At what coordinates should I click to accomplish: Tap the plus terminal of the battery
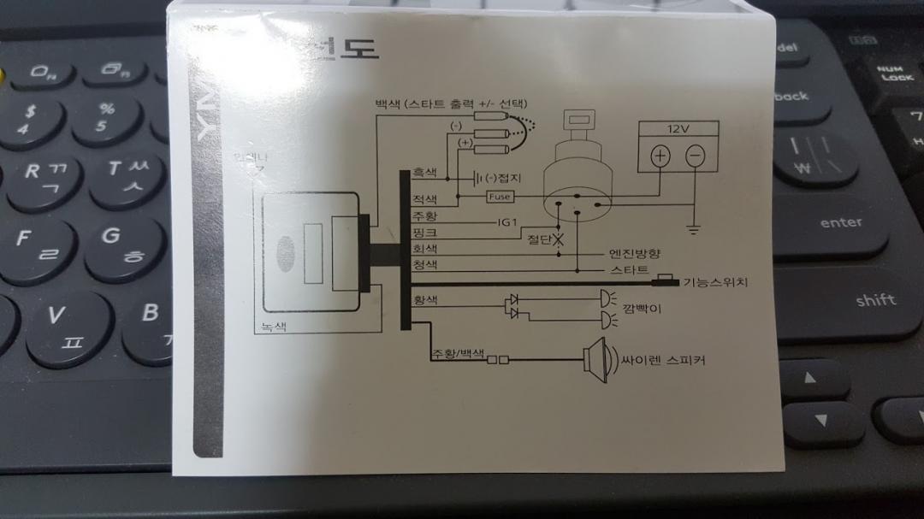[x=660, y=156]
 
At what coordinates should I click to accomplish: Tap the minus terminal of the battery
[x=696, y=156]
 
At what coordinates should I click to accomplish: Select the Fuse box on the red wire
[x=500, y=197]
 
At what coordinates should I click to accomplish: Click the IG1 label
[x=508, y=221]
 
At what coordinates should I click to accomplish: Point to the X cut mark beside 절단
[x=559, y=239]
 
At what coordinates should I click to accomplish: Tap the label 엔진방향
[x=634, y=254]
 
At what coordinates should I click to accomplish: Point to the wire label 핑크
[x=424, y=232]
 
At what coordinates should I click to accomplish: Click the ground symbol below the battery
[x=695, y=228]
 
